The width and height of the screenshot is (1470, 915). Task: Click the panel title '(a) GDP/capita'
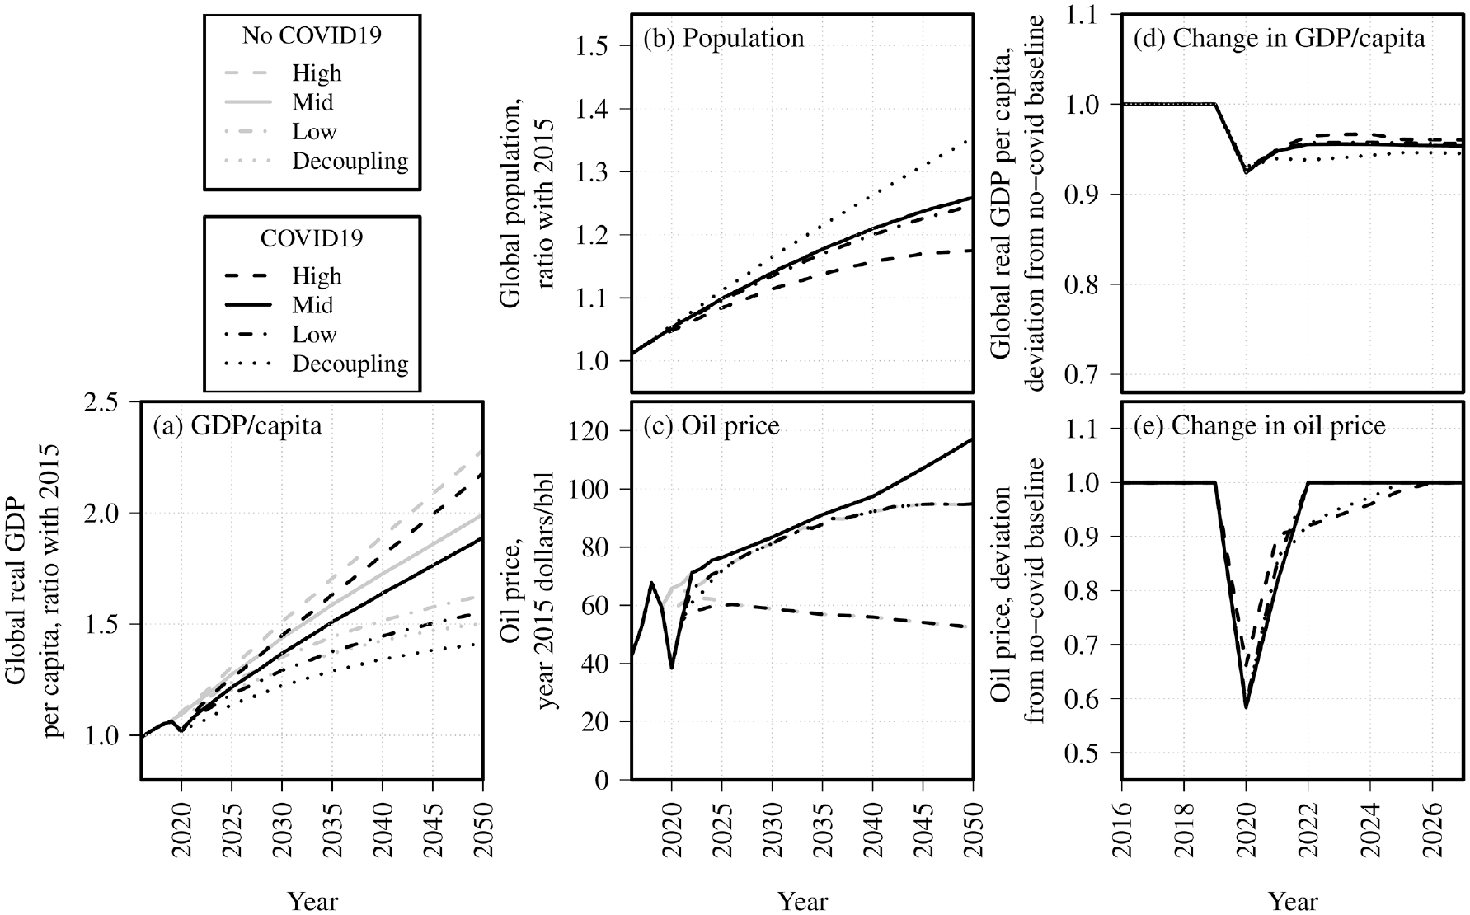pyautogui.click(x=237, y=427)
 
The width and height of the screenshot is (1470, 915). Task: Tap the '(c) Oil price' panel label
pyautogui.click(x=711, y=425)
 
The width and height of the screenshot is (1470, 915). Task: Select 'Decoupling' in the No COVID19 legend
pyautogui.click(x=350, y=162)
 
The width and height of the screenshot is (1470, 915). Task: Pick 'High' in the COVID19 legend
pyautogui.click(x=317, y=276)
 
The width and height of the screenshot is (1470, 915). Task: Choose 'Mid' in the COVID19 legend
pyautogui.click(x=312, y=305)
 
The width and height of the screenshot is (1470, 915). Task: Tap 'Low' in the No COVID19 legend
pyautogui.click(x=314, y=132)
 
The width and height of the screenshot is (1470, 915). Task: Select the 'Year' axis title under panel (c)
pyautogui.click(x=803, y=900)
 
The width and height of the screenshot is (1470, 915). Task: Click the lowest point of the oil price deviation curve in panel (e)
pyautogui.click(x=1246, y=707)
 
